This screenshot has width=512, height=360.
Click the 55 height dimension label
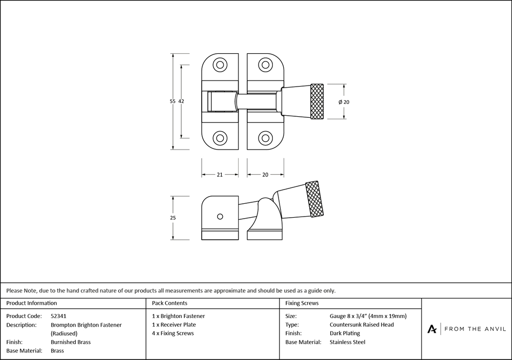(173, 101)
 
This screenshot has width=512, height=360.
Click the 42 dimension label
(181, 101)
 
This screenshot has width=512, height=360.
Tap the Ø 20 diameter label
(344, 102)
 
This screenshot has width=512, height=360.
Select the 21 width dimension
(219, 175)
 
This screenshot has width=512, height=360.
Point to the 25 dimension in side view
(173, 218)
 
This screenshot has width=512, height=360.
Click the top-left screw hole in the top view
(220, 65)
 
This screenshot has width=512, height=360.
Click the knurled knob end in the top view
(317, 101)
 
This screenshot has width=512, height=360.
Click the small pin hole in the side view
(220, 216)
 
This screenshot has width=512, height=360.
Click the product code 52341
(59, 316)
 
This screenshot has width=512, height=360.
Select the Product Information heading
(32, 303)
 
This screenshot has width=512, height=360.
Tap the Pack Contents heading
(169, 303)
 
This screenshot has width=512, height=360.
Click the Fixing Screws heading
(302, 303)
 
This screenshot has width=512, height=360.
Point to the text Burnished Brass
(71, 342)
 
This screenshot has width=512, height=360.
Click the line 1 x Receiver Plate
(174, 325)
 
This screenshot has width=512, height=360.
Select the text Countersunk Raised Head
(362, 325)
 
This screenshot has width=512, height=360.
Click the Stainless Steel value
(348, 342)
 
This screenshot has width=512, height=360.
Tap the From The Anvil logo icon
(432, 329)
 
